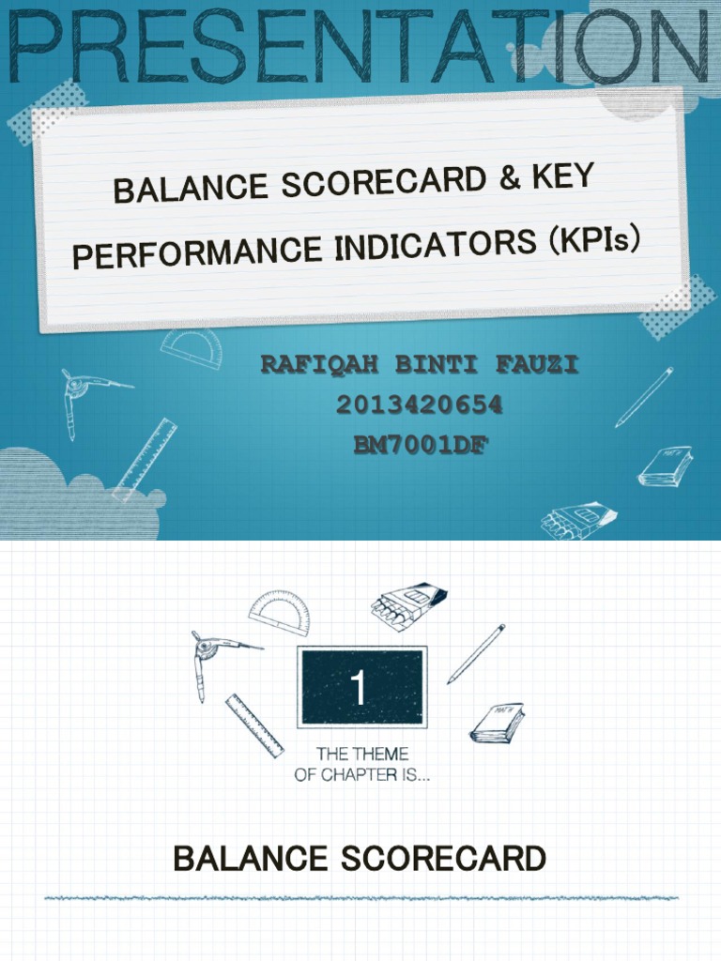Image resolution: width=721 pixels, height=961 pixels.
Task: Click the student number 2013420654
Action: click(419, 405)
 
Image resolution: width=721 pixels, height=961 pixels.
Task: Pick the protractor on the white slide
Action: click(280, 612)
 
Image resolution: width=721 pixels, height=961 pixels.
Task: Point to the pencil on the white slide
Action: click(476, 653)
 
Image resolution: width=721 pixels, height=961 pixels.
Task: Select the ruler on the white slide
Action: click(254, 725)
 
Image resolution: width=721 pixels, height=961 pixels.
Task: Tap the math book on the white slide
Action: click(497, 723)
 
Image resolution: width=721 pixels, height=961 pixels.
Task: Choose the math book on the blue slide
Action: click(666, 465)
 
